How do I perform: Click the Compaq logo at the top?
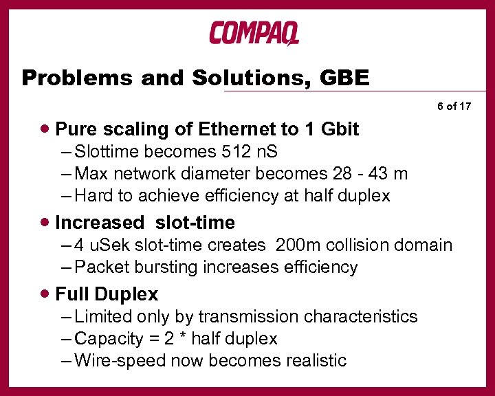point(254,33)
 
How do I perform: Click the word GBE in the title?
point(344,78)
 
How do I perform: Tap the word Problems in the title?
point(75,78)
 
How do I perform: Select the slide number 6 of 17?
point(454,107)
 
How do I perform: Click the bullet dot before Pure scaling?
point(45,129)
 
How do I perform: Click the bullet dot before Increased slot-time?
point(45,222)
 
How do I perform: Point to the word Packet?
point(100,267)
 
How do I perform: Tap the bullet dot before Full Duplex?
point(45,294)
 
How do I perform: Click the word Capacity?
point(105,339)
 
